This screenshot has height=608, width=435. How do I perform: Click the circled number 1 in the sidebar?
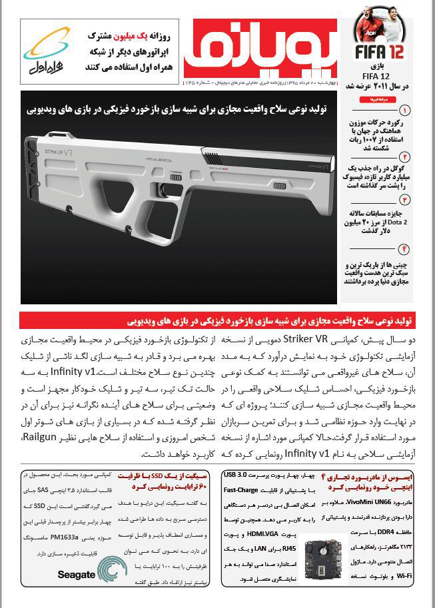pos(404,110)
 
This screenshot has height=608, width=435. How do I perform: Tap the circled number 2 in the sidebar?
pos(404,158)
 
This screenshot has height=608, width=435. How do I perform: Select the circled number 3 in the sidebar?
pos(404,200)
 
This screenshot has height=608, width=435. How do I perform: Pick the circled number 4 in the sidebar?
pos(404,250)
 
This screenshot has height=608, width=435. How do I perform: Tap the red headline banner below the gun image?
pos(217,321)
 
